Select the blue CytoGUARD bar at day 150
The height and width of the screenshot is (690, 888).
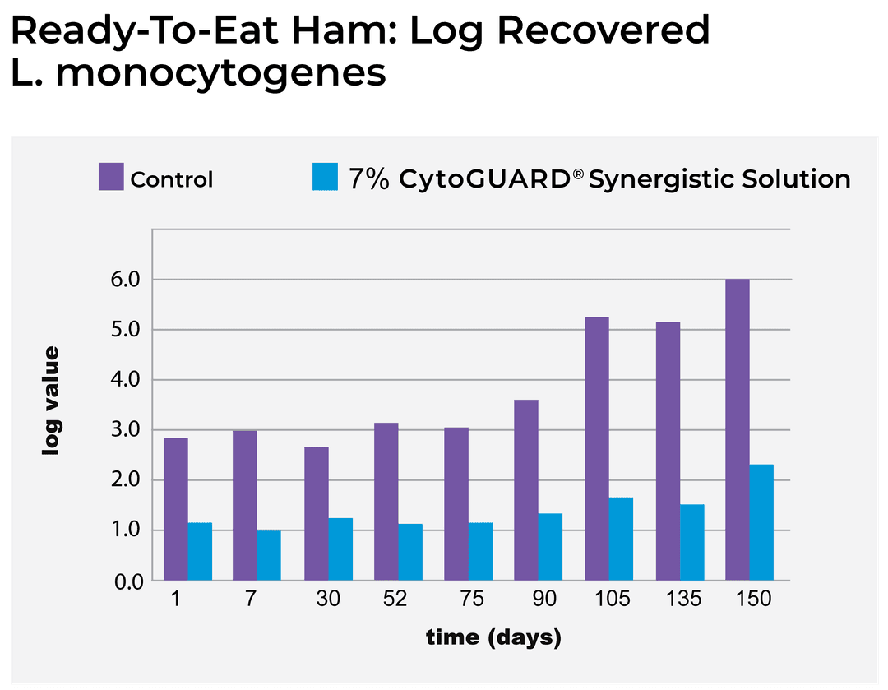[761, 523]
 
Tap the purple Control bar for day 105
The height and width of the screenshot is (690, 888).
[597, 449]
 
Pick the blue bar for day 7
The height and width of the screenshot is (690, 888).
[269, 556]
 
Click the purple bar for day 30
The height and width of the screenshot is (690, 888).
[317, 514]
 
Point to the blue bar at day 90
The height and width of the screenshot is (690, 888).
[550, 548]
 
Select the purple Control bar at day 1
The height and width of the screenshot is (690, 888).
[176, 509]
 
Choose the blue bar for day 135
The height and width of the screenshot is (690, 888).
[691, 543]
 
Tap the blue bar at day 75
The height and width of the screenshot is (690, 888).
[480, 552]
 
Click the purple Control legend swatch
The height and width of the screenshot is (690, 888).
[111, 177]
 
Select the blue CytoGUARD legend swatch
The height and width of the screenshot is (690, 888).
[326, 177]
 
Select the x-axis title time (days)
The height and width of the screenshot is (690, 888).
[493, 637]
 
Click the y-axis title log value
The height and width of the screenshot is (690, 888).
[52, 401]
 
